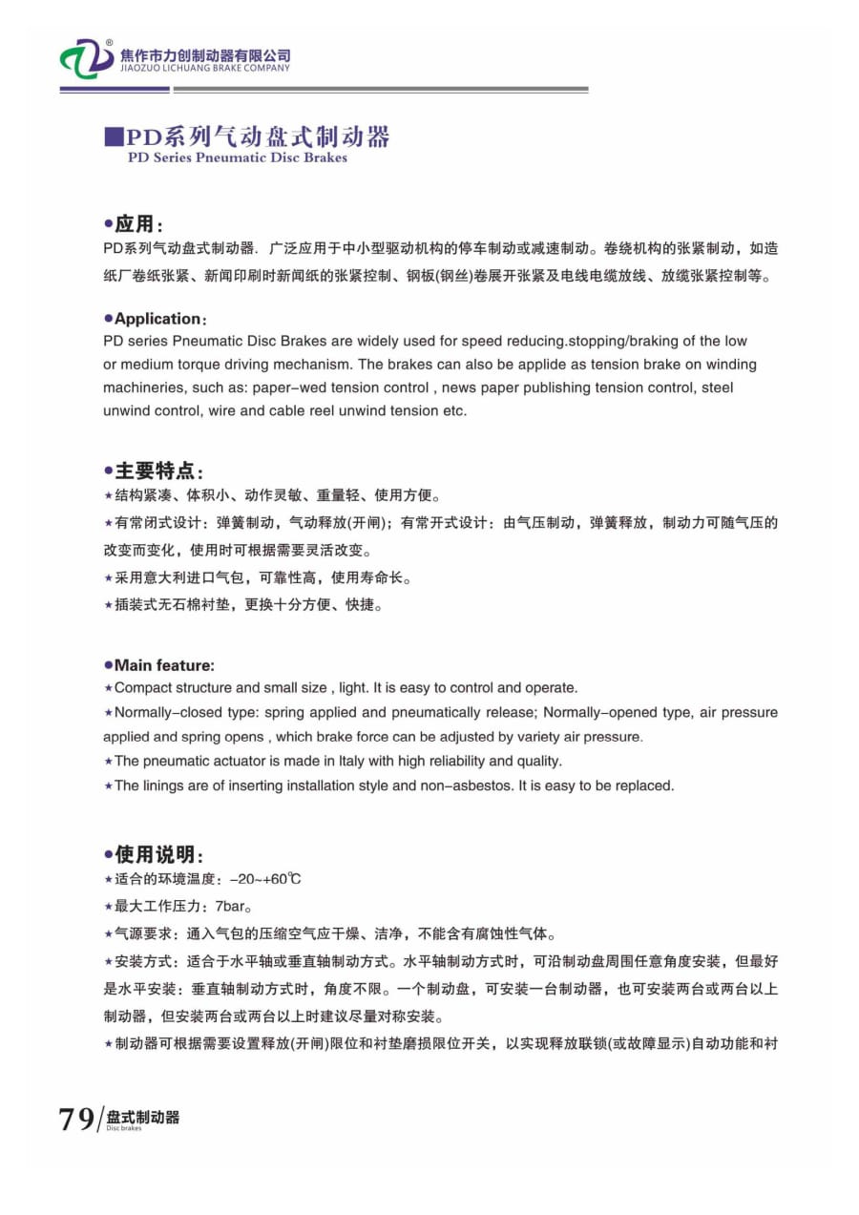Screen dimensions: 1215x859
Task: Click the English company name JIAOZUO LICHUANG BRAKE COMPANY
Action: tap(205, 69)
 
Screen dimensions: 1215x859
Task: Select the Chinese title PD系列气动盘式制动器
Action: tap(258, 136)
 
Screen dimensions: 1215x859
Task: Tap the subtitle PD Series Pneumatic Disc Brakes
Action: tap(237, 158)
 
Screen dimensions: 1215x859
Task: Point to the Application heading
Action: tap(157, 319)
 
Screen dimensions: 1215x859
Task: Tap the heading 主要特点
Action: tap(157, 471)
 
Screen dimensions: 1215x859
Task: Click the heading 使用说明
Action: tap(157, 854)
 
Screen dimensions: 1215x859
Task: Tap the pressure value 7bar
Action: tap(233, 906)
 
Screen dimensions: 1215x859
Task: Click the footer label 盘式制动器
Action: tap(143, 1117)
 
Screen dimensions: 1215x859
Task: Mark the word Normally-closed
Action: tap(157, 713)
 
